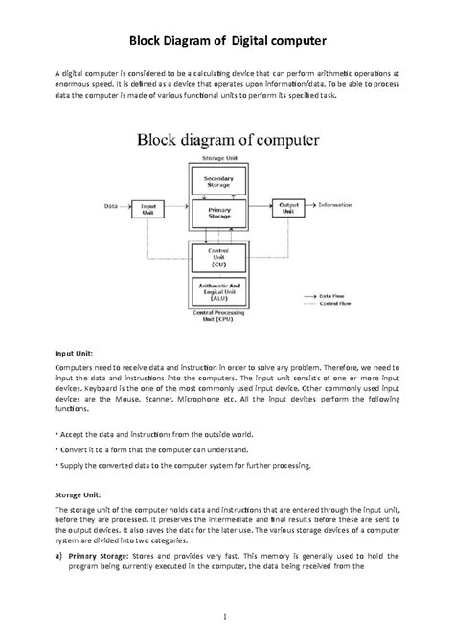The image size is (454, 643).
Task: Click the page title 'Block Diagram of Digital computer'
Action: [x=227, y=41]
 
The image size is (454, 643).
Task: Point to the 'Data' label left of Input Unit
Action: [x=110, y=205]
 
